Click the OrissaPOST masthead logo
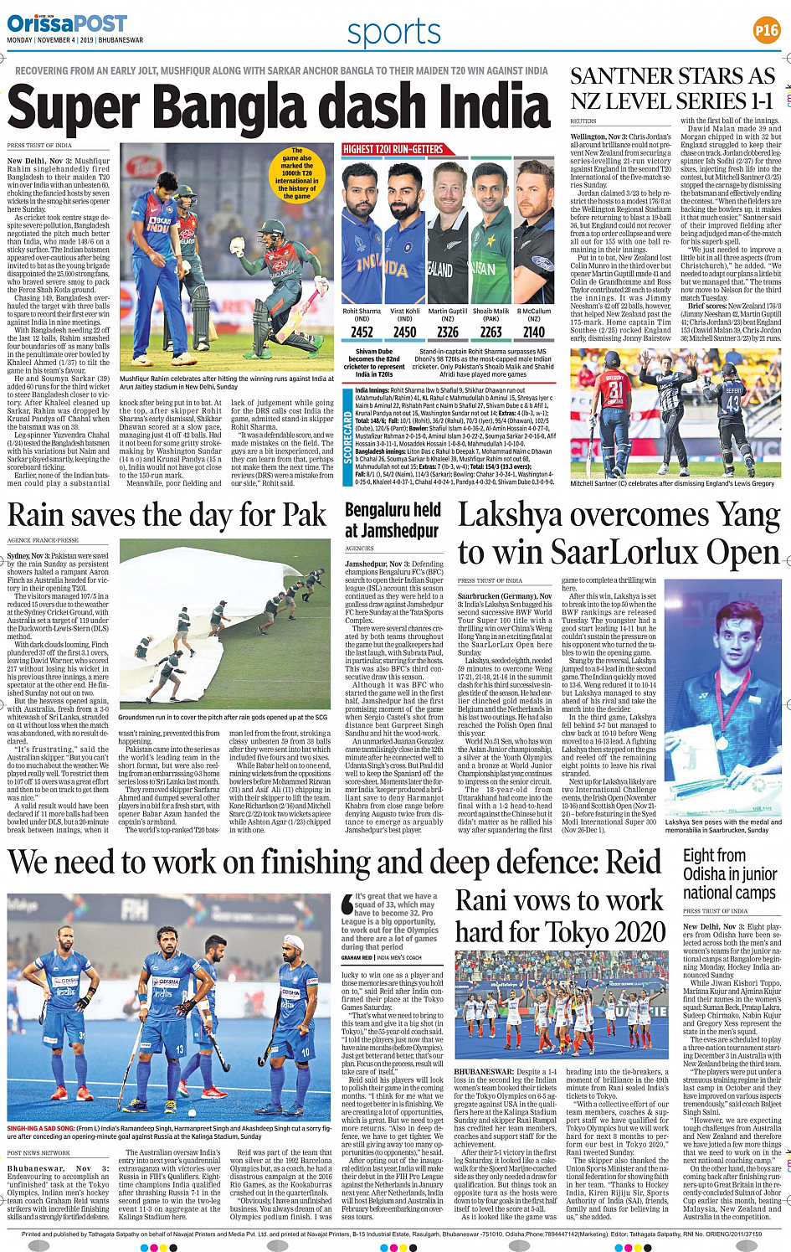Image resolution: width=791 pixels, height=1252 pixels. (x=67, y=23)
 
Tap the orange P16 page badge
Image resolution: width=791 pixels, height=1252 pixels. (x=766, y=30)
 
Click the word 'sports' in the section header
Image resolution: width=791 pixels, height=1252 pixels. (x=393, y=32)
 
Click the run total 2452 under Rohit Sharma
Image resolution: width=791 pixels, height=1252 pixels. (x=362, y=332)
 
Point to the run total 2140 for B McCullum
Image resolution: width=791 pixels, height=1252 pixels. (x=534, y=332)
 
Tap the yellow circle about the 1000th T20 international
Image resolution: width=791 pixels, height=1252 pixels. (x=296, y=174)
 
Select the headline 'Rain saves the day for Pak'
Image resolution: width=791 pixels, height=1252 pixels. (x=167, y=514)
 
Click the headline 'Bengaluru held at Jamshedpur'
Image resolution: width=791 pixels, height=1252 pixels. (x=393, y=520)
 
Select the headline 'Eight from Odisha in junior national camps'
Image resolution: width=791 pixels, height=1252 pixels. (x=729, y=873)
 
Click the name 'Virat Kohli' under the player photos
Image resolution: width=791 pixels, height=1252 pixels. (x=405, y=312)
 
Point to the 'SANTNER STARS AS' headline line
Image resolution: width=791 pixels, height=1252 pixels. (x=672, y=76)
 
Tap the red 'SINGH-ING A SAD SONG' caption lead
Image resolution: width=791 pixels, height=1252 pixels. (x=39, y=1129)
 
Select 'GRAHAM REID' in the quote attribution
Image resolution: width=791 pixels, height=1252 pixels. (x=357, y=957)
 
